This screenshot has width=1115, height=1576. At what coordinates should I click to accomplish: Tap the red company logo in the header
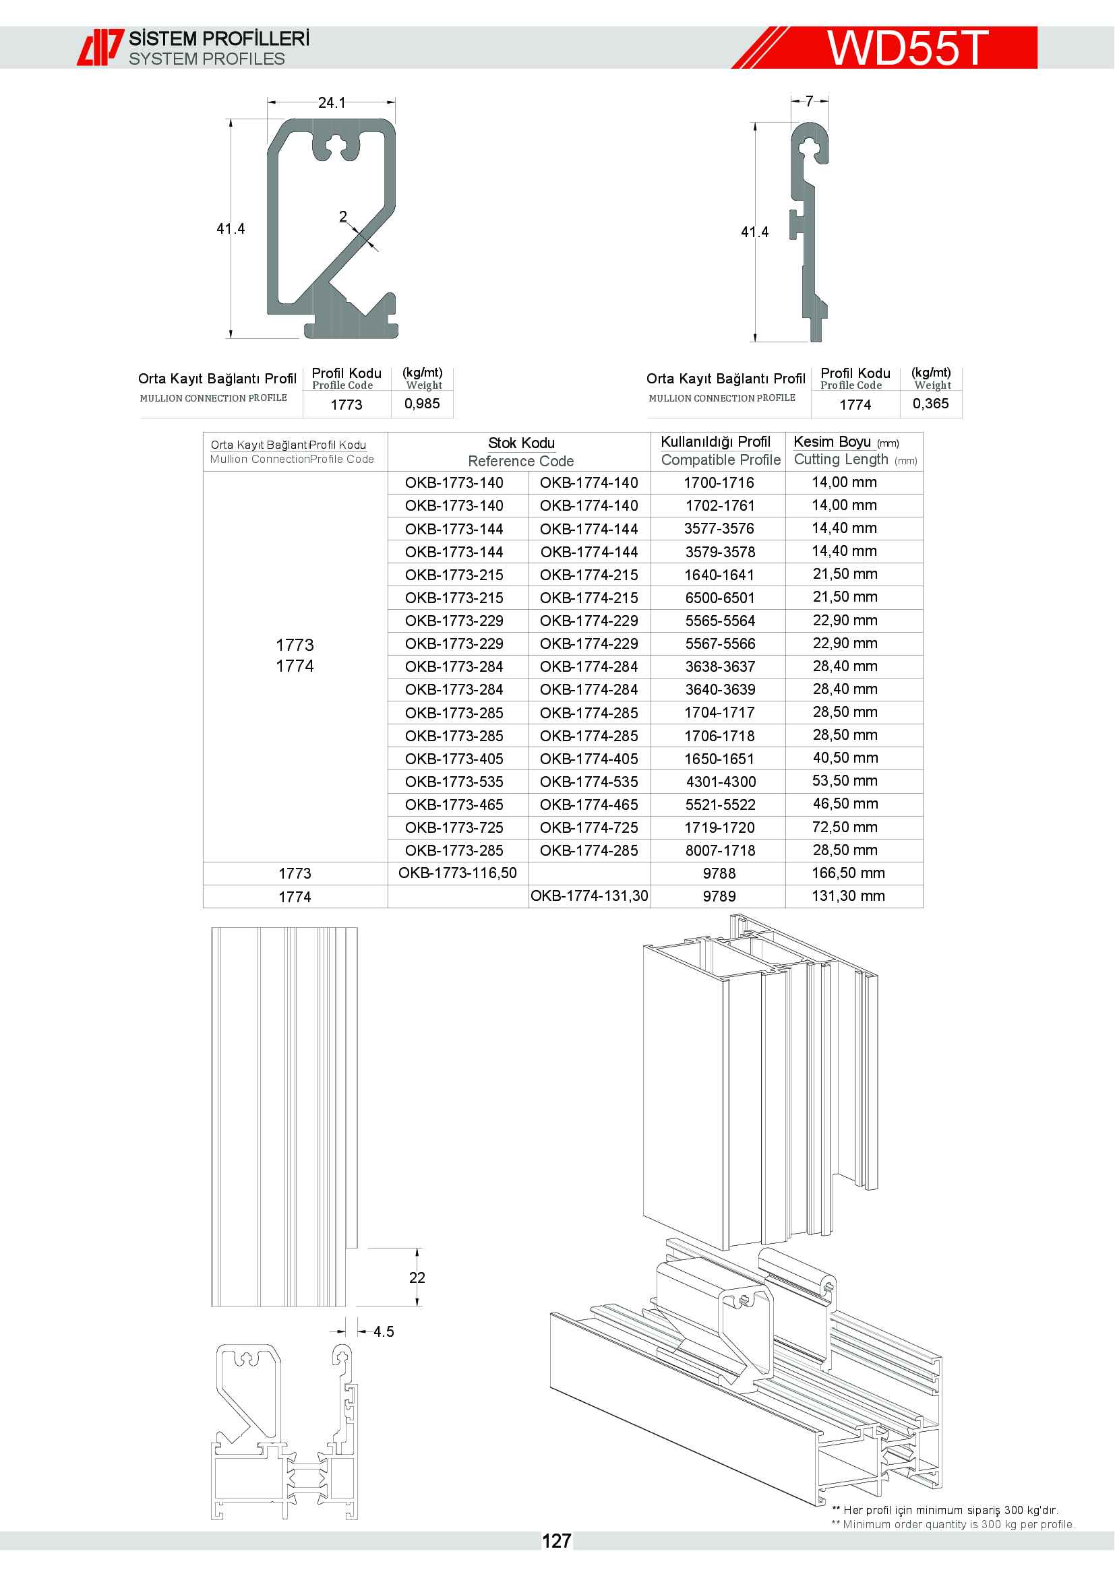click(x=100, y=47)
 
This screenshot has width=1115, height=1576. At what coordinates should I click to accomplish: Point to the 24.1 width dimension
click(x=331, y=103)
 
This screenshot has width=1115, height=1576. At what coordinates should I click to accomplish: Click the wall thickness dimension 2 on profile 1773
click(x=342, y=217)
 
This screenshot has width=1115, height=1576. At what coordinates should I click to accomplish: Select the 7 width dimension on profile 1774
click(x=809, y=102)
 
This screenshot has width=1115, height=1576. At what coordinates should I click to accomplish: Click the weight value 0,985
click(x=421, y=404)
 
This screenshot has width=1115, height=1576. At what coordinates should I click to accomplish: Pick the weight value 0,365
click(x=930, y=404)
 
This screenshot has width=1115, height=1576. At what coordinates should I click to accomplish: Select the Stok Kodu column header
click(x=521, y=443)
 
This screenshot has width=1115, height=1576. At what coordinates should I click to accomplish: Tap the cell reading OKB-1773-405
click(x=454, y=759)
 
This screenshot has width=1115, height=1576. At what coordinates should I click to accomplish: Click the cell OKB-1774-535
click(x=589, y=782)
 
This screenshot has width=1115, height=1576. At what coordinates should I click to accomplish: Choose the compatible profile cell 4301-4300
click(x=720, y=782)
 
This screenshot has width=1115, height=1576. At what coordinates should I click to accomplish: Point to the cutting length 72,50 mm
click(x=845, y=827)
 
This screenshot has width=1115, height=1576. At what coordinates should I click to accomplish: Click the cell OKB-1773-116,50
click(x=457, y=873)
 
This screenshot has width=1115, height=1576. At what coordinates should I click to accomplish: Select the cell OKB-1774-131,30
click(x=589, y=895)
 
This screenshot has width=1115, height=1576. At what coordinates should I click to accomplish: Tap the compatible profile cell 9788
click(x=719, y=874)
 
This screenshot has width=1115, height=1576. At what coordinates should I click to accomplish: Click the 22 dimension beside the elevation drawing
click(x=417, y=1278)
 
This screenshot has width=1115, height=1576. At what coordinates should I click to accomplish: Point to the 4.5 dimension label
click(x=383, y=1331)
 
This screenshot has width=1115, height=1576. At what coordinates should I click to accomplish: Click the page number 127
click(x=556, y=1541)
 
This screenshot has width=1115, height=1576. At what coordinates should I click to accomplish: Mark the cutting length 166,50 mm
click(x=848, y=873)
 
